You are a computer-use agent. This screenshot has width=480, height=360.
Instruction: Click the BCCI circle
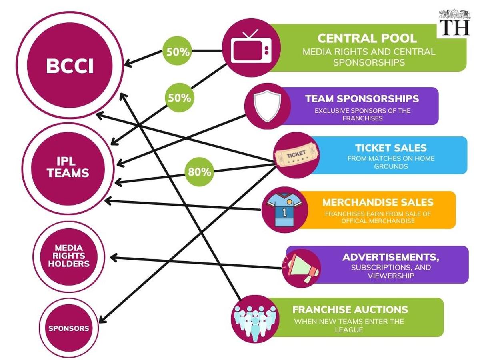tap(70, 66)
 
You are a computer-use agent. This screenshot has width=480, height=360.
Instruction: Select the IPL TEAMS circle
tap(68, 168)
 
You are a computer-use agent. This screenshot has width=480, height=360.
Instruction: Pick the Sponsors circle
tap(69, 328)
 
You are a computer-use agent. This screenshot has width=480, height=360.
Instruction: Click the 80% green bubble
tap(199, 172)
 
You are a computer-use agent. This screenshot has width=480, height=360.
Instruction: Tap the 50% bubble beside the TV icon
tap(177, 51)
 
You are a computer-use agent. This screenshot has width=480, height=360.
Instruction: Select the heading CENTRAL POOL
tap(367, 38)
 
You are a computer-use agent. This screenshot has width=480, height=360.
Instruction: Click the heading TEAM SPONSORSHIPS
tap(362, 98)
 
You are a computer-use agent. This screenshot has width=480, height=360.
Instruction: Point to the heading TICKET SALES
tap(390, 148)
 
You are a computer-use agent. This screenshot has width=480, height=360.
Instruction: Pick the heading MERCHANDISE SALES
tap(378, 202)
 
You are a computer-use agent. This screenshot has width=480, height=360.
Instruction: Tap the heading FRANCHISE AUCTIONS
tap(350, 309)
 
